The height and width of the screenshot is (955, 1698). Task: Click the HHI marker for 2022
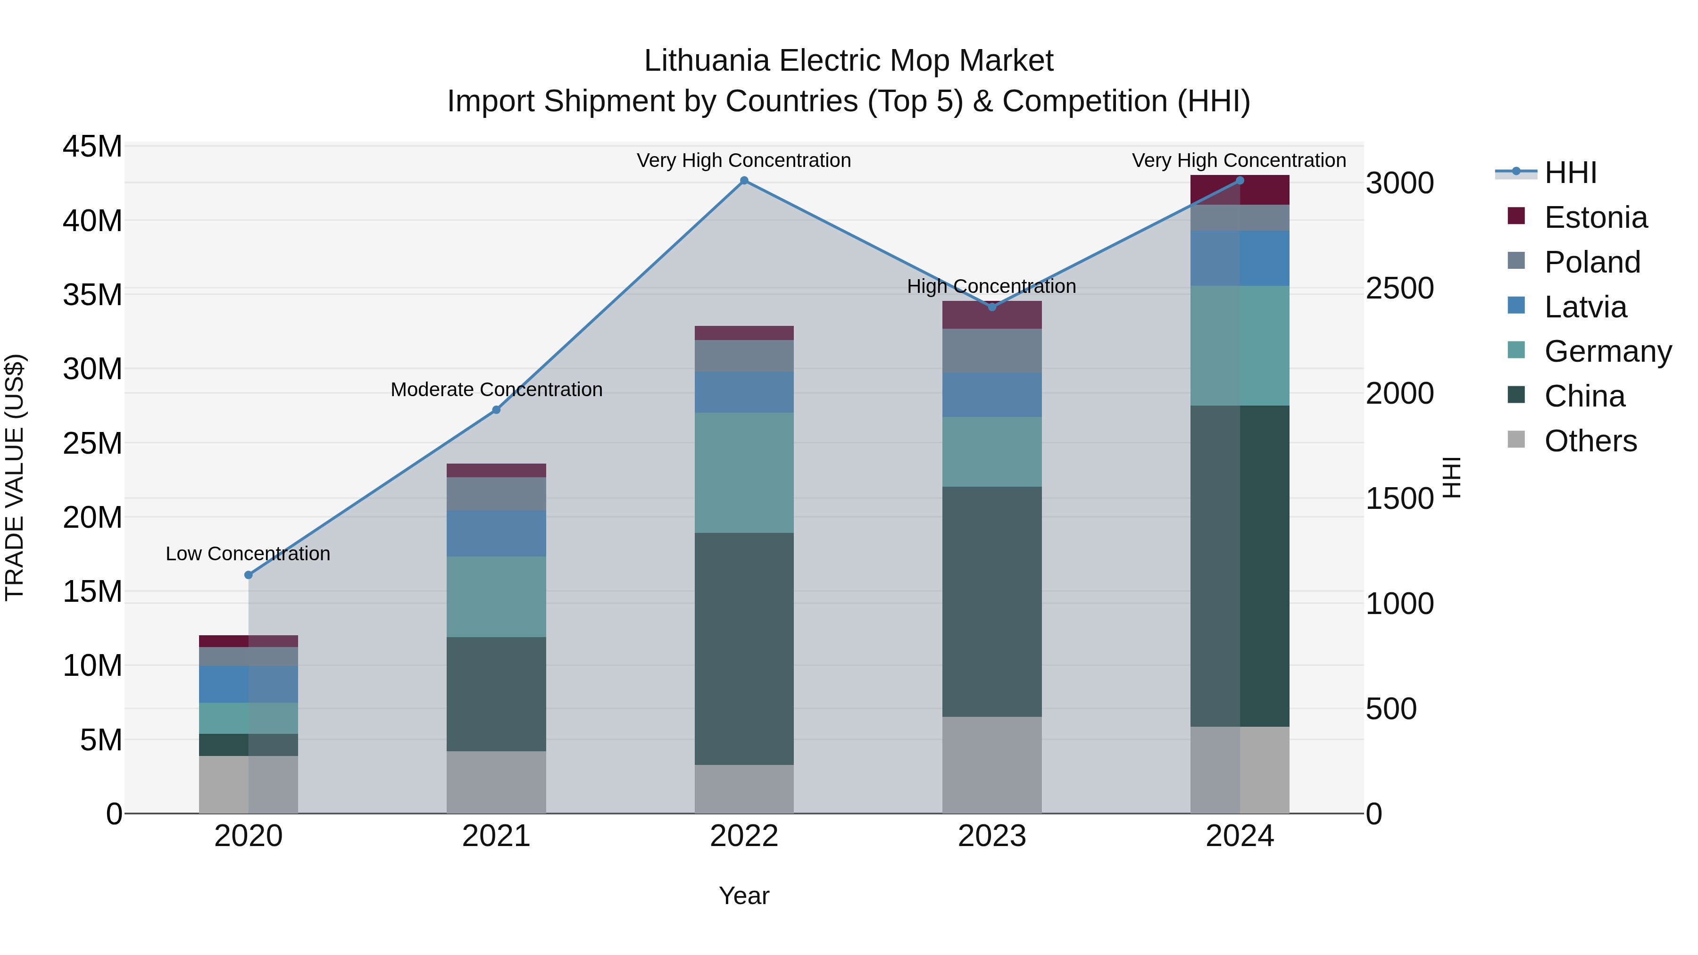pyautogui.click(x=744, y=181)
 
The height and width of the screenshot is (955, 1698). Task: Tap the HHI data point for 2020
pyautogui.click(x=249, y=575)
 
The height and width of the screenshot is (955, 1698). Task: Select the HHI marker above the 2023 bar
pyautogui.click(x=992, y=307)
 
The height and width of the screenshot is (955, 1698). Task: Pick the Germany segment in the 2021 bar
pyautogui.click(x=496, y=597)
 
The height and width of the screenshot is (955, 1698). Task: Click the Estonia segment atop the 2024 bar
pyautogui.click(x=1240, y=191)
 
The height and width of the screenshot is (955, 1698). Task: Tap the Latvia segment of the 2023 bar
pyautogui.click(x=992, y=394)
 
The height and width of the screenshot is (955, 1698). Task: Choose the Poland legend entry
pyautogui.click(x=1591, y=262)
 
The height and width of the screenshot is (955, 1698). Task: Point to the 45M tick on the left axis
pyautogui.click(x=92, y=146)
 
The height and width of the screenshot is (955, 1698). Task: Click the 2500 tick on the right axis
pyautogui.click(x=1399, y=288)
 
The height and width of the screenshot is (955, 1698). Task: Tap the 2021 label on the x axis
pyautogui.click(x=496, y=836)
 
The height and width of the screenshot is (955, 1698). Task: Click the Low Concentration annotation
pyautogui.click(x=248, y=554)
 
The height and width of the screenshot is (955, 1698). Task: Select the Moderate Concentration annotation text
pyautogui.click(x=496, y=390)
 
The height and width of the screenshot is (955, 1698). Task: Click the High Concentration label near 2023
pyautogui.click(x=991, y=286)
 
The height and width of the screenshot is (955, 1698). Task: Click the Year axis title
pyautogui.click(x=744, y=896)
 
